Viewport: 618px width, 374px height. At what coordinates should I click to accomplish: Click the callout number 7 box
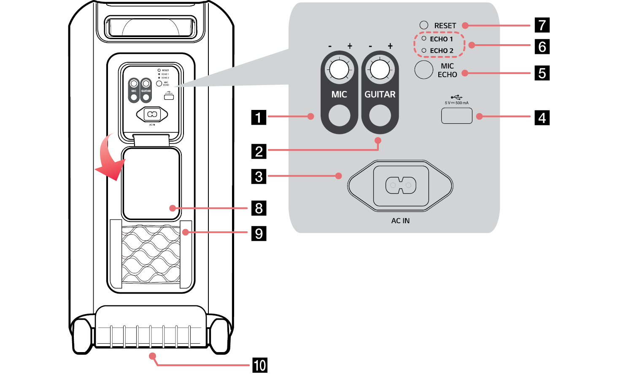[x=542, y=25]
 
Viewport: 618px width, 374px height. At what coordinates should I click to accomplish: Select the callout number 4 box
[x=542, y=118]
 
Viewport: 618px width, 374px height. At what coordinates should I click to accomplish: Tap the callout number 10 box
[x=259, y=365]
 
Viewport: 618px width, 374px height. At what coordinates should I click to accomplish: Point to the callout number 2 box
[x=259, y=151]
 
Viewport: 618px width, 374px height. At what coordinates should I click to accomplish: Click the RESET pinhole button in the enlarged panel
[x=424, y=25]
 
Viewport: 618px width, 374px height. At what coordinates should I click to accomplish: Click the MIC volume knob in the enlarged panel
[x=339, y=69]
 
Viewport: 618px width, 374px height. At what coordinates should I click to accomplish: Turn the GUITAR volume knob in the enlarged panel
[x=380, y=69]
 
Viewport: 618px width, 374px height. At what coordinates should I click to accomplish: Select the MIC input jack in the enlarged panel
[x=339, y=115]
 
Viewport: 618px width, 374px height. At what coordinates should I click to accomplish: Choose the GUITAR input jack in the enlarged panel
[x=380, y=115]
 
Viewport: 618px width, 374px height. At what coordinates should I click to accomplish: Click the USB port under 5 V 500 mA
[x=456, y=116]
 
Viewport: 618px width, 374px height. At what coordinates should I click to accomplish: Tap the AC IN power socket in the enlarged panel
[x=400, y=185]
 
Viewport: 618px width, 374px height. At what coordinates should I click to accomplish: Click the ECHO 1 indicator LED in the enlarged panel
[x=424, y=39]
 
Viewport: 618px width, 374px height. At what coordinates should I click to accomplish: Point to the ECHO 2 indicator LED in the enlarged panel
[x=424, y=51]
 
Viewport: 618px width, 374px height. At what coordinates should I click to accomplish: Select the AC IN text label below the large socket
[x=400, y=221]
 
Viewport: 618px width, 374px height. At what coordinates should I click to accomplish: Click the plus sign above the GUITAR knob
[x=390, y=46]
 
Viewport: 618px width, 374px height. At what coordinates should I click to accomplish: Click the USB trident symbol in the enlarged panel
[x=456, y=97]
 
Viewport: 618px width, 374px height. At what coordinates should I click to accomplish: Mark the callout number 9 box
[x=259, y=233]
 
